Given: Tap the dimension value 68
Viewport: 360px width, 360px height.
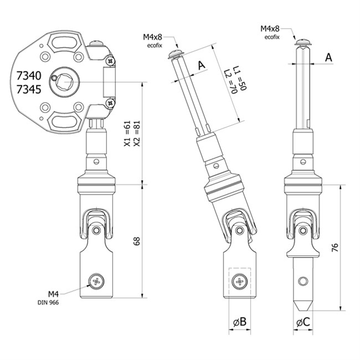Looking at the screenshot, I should (137, 240).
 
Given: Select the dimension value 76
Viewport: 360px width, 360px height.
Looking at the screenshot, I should (335, 248).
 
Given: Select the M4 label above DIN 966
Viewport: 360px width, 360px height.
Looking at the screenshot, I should (53, 294).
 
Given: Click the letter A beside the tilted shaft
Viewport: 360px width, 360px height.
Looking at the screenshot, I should (202, 65).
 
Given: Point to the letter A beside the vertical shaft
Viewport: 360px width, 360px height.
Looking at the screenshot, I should (328, 56).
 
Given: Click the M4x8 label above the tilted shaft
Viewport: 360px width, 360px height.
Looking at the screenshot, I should (156, 37).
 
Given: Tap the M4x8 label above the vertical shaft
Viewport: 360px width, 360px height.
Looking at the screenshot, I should (271, 28).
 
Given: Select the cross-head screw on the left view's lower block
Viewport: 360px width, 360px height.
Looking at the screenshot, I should (98, 281).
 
